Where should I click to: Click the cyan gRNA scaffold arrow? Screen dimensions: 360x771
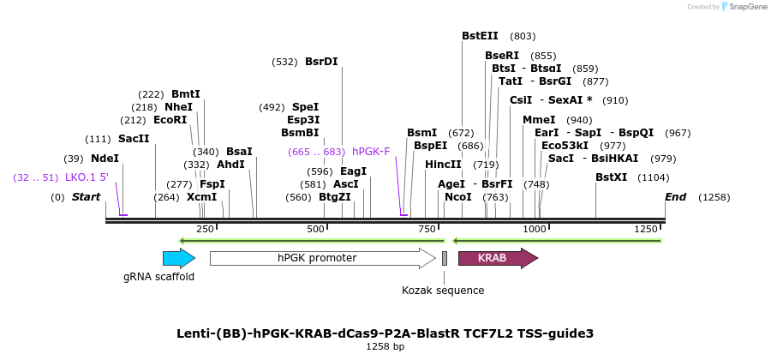pyautogui.click(x=178, y=258)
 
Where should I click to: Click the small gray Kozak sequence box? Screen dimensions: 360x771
pyautogui.click(x=445, y=258)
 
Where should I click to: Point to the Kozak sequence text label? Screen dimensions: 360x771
pyautogui.click(x=443, y=291)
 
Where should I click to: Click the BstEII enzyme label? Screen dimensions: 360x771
pyautogui.click(x=480, y=36)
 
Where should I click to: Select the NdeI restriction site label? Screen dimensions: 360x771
pyautogui.click(x=105, y=159)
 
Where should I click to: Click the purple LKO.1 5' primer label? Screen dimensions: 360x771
pyautogui.click(x=87, y=177)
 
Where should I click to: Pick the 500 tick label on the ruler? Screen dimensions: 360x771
pyautogui.click(x=315, y=229)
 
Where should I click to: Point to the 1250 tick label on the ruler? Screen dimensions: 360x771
pyautogui.click(x=646, y=229)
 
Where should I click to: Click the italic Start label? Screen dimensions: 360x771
pyautogui.click(x=86, y=197)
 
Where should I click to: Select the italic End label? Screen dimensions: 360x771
pyautogui.click(x=676, y=197)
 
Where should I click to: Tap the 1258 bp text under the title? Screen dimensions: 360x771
pyautogui.click(x=385, y=346)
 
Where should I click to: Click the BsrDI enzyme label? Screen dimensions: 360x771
pyautogui.click(x=321, y=62)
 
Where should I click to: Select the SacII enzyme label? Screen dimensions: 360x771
pyautogui.click(x=134, y=139)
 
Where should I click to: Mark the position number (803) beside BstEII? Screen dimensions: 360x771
pyautogui.click(x=523, y=36)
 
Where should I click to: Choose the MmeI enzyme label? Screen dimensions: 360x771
pyautogui.click(x=539, y=120)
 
